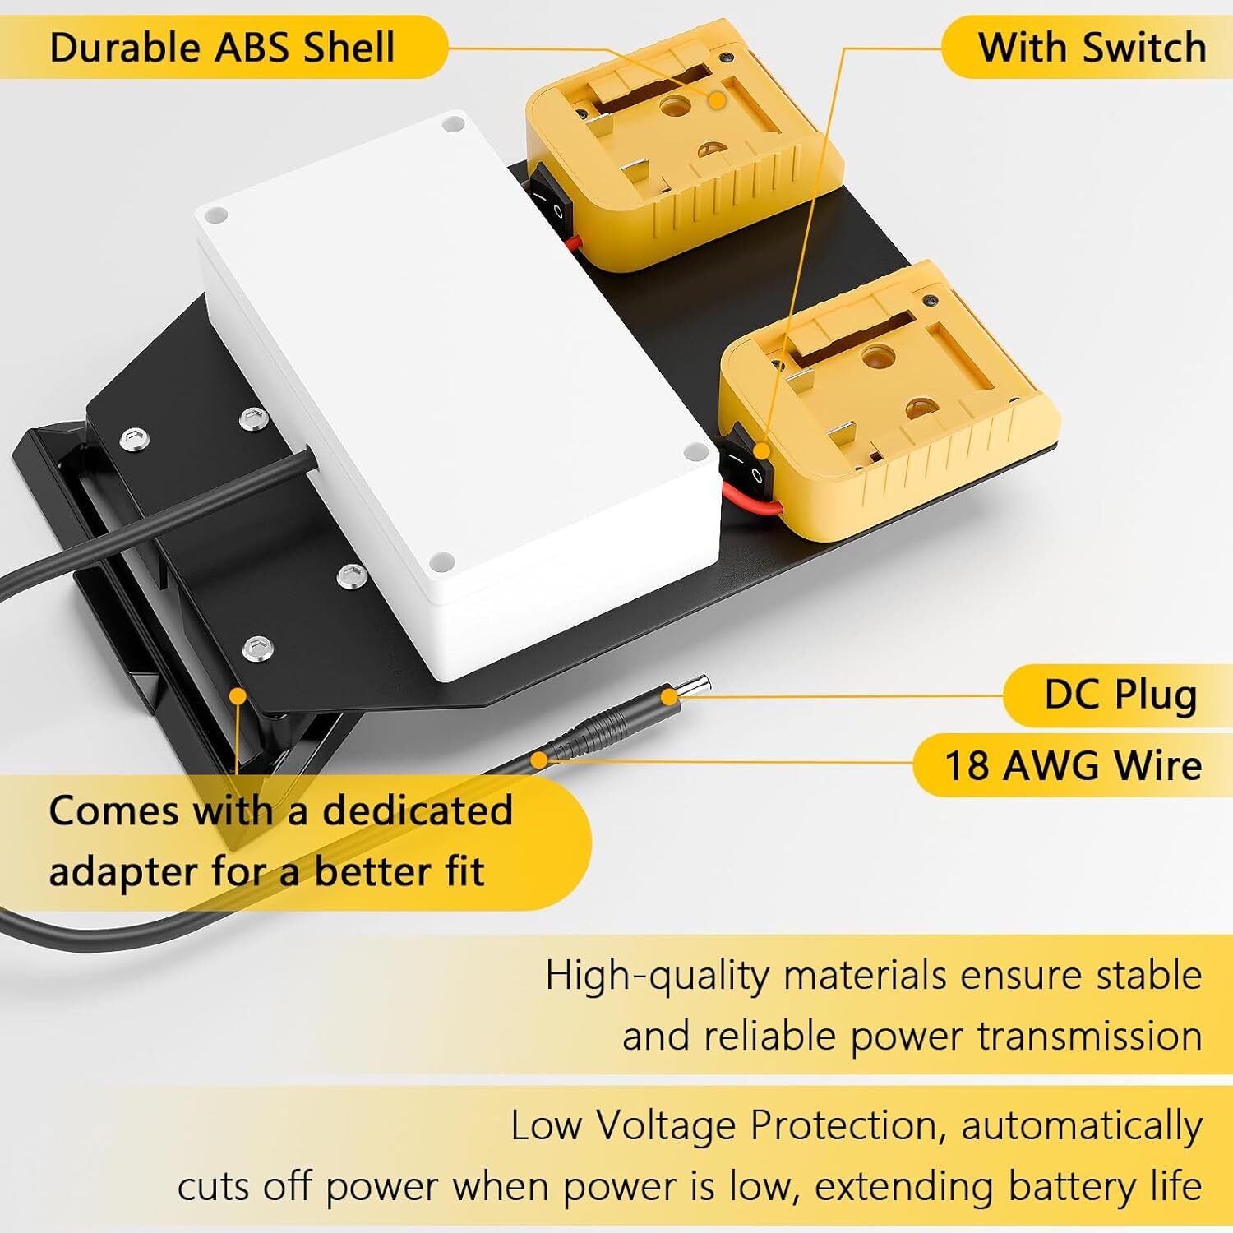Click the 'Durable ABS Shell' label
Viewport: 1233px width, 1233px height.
222,48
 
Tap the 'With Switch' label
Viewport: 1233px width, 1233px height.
1092,48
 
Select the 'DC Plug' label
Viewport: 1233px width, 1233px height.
1120,695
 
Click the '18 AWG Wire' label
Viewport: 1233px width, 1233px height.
1073,766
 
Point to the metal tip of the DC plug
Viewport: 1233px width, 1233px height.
695,686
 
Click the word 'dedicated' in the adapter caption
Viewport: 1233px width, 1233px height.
418,811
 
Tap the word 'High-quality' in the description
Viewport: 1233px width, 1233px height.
658,977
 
